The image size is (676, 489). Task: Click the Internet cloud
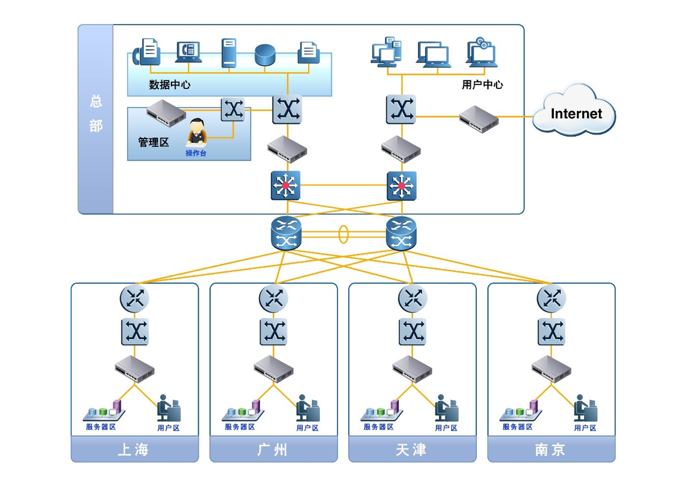click(574, 113)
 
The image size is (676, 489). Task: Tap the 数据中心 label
click(169, 85)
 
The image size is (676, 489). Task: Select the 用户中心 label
click(482, 85)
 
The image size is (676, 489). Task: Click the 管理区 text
click(154, 142)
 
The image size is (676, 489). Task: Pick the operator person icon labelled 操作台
click(196, 133)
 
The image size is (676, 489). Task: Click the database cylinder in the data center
click(265, 55)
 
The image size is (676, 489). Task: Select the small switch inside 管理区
click(233, 110)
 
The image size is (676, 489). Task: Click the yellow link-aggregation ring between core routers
click(343, 234)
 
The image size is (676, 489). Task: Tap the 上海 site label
click(134, 450)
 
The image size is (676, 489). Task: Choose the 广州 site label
click(273, 450)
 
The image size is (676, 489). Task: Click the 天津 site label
click(412, 450)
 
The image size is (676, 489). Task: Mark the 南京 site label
click(551, 450)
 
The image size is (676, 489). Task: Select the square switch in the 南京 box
click(552, 331)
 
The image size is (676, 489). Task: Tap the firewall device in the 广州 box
click(273, 369)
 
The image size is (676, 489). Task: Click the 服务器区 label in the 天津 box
click(378, 427)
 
